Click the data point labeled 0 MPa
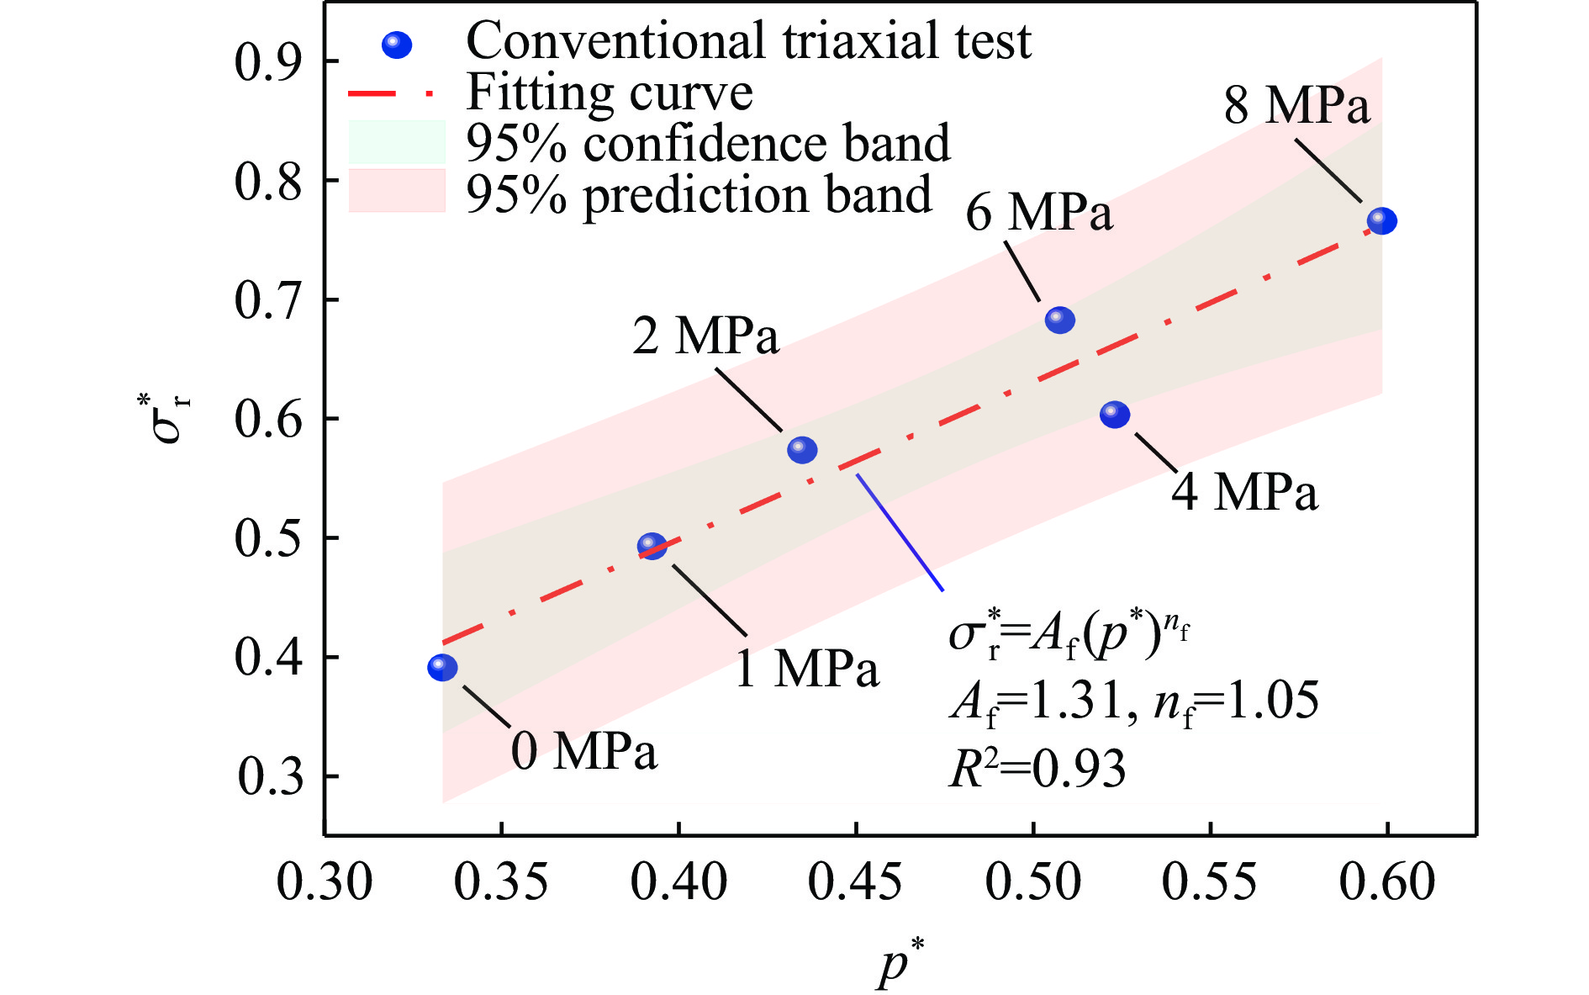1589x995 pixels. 442,668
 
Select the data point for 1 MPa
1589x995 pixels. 652,547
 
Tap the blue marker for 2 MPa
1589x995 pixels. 802,450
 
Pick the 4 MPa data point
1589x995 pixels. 1115,414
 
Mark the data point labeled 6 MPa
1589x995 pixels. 1060,320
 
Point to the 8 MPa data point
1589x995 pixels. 1382,221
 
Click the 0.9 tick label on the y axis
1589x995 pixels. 268,62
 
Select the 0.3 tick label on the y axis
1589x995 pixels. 270,777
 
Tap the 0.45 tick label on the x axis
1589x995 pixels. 855,883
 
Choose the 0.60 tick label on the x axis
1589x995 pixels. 1386,883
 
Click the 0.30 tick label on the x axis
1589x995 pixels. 325,883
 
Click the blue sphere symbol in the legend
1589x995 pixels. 397,45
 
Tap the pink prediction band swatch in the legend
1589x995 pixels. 397,191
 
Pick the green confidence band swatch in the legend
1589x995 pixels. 397,141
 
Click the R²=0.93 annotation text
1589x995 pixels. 1037,769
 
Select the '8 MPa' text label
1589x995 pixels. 1296,106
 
